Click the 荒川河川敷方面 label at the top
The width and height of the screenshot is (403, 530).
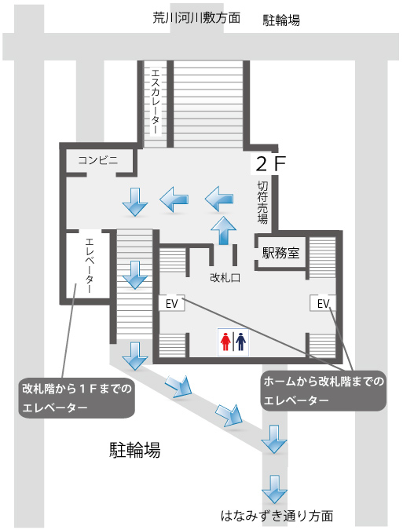tap(196, 17)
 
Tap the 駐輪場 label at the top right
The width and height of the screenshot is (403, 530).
tap(281, 20)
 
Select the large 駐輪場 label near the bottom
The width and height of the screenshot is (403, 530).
tap(134, 450)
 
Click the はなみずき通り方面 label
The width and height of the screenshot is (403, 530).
tap(277, 516)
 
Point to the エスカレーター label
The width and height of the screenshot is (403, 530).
tap(156, 101)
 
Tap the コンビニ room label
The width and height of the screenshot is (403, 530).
tap(98, 160)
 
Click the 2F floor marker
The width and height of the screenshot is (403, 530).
tap(270, 164)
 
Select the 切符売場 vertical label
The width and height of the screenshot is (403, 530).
tap(262, 202)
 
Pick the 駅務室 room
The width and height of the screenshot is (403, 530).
tap(281, 253)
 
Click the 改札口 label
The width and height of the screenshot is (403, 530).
tap(225, 278)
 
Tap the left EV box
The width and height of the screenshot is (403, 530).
tap(172, 303)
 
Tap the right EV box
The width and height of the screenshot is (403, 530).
tap(323, 303)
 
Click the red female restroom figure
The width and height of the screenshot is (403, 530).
tap(225, 342)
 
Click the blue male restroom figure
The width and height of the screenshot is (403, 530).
tap(240, 342)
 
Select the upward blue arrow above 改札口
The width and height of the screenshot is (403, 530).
tap(223, 231)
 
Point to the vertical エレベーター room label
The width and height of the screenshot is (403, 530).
tap(90, 265)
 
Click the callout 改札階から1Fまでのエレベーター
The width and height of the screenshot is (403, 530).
tap(76, 397)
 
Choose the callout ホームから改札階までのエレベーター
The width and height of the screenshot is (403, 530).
tap(324, 391)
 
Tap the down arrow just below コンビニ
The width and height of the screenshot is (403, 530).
tap(135, 202)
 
